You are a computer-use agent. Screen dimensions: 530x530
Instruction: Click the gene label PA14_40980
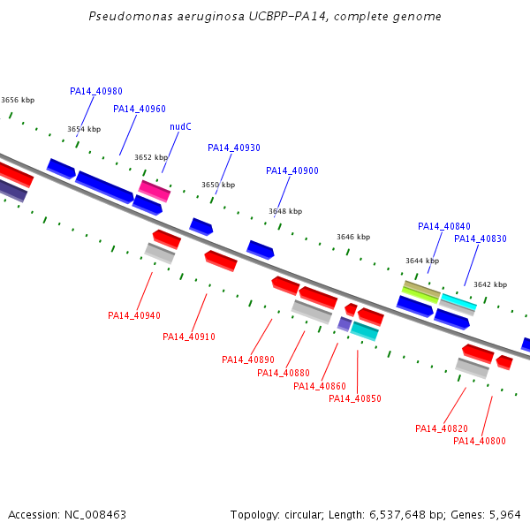[96, 91]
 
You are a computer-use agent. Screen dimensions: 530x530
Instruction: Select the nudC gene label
[180, 126]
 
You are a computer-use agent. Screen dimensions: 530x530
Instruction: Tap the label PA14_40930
[234, 148]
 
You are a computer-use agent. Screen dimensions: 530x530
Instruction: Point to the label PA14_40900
[292, 171]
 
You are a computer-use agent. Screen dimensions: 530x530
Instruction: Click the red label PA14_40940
[134, 315]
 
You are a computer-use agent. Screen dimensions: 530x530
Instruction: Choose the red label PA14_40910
[189, 337]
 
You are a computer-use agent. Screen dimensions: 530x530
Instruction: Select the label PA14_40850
[355, 399]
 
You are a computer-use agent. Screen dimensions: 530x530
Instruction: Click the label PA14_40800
[480, 441]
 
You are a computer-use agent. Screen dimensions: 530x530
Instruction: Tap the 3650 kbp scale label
[218, 185]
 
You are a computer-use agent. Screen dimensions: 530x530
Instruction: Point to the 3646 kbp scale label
[353, 237]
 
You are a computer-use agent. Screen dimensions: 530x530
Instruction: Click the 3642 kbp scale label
[490, 284]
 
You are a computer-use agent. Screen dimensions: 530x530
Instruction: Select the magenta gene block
[155, 191]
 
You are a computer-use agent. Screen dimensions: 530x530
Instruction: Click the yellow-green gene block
[420, 295]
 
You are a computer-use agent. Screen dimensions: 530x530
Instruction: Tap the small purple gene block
[344, 324]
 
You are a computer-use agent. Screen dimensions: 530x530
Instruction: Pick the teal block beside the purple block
[364, 331]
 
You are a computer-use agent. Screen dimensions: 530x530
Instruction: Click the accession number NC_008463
[95, 515]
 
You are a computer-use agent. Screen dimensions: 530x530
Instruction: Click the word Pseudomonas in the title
[131, 16]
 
